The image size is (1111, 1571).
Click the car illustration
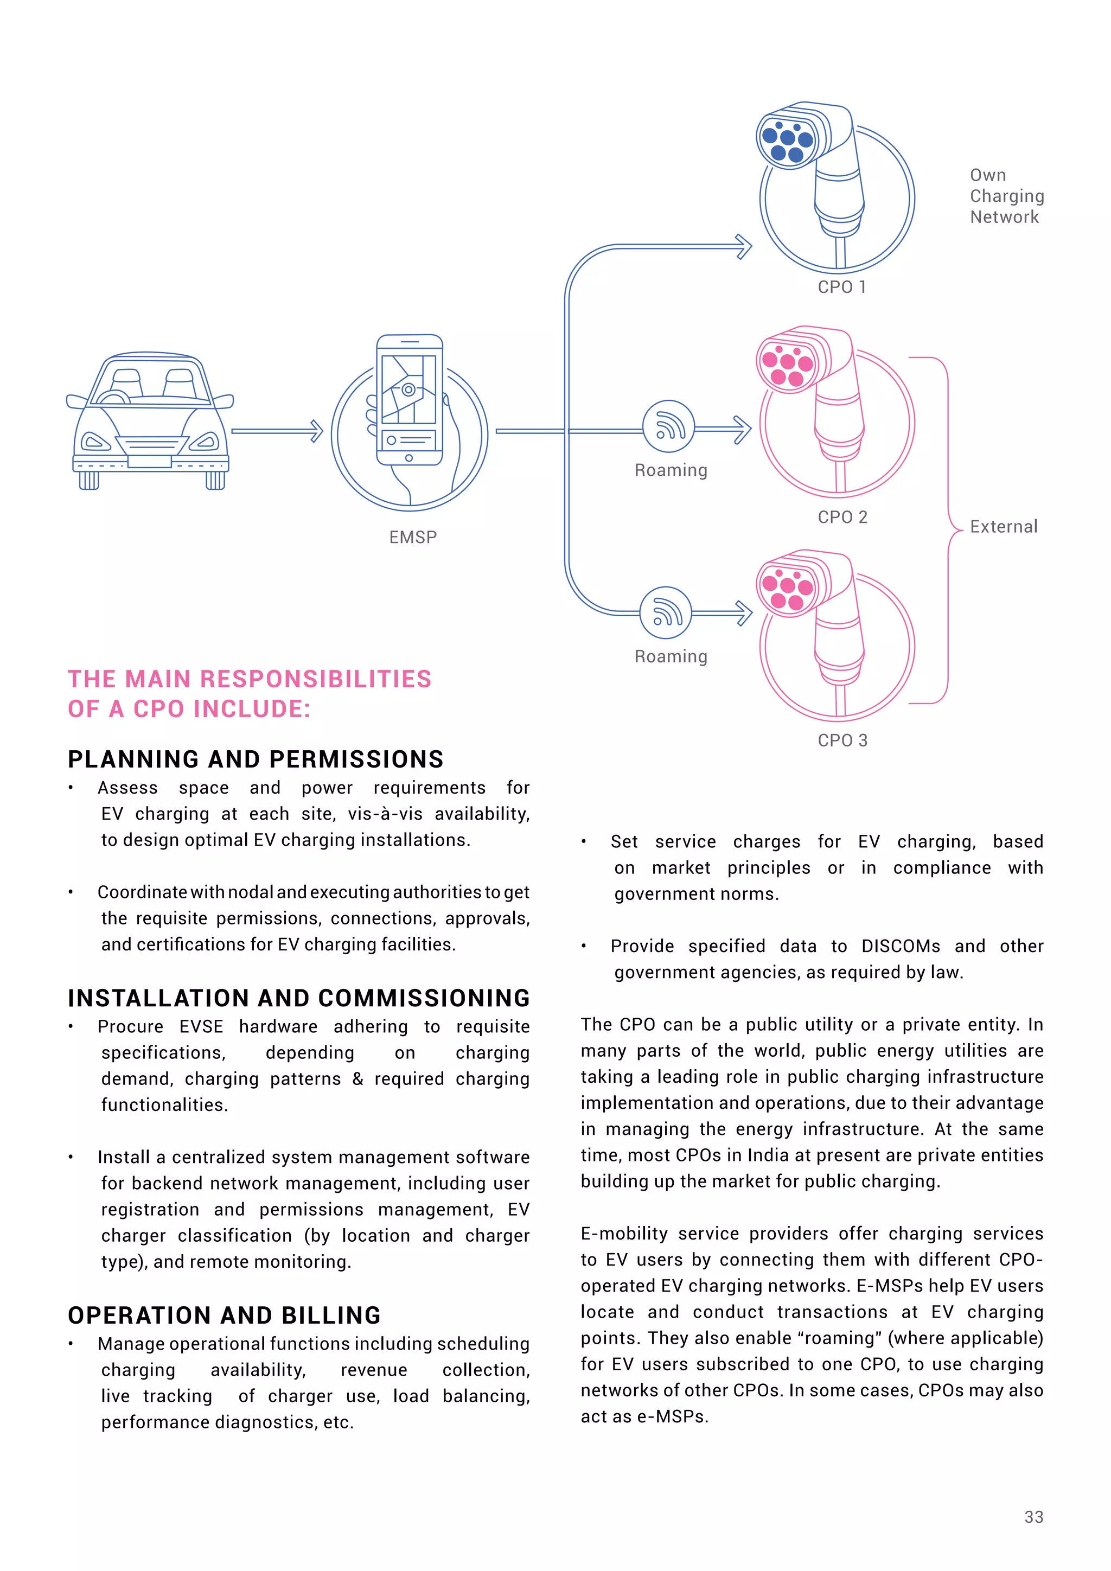[x=150, y=421]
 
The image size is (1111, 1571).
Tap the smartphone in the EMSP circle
[x=409, y=400]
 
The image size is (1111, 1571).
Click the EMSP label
[x=412, y=537]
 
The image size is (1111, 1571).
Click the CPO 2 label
[x=842, y=518]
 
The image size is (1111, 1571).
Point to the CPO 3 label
[x=842, y=740]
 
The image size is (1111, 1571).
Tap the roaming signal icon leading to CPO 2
[x=668, y=426]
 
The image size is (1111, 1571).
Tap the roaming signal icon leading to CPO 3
[x=666, y=612]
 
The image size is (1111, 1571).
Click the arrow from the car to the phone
[x=277, y=431]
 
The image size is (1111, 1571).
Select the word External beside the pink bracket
[x=1004, y=526]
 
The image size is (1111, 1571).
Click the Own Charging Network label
[x=1006, y=196]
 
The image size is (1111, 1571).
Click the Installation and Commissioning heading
[x=299, y=998]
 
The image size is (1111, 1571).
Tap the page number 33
[x=1033, y=1517]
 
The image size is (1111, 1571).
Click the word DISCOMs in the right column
[x=901, y=946]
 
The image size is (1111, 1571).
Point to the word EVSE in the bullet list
[x=201, y=1026]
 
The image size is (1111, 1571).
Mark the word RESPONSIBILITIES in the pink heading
[x=315, y=679]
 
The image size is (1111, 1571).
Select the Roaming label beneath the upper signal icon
[x=671, y=470]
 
